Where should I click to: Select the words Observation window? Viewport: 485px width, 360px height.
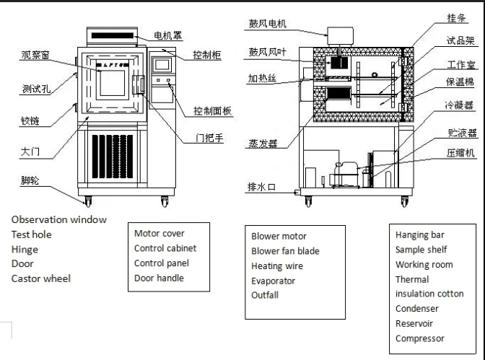[58, 219]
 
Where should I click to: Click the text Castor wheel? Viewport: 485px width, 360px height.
[41, 278]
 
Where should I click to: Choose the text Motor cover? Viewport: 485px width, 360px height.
[159, 233]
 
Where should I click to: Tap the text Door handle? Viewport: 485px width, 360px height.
[159, 278]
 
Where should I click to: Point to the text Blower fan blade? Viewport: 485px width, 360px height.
[285, 251]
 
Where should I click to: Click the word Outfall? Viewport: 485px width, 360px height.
[265, 295]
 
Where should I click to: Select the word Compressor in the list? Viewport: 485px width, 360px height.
[420, 338]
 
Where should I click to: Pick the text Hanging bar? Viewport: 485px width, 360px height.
[420, 234]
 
